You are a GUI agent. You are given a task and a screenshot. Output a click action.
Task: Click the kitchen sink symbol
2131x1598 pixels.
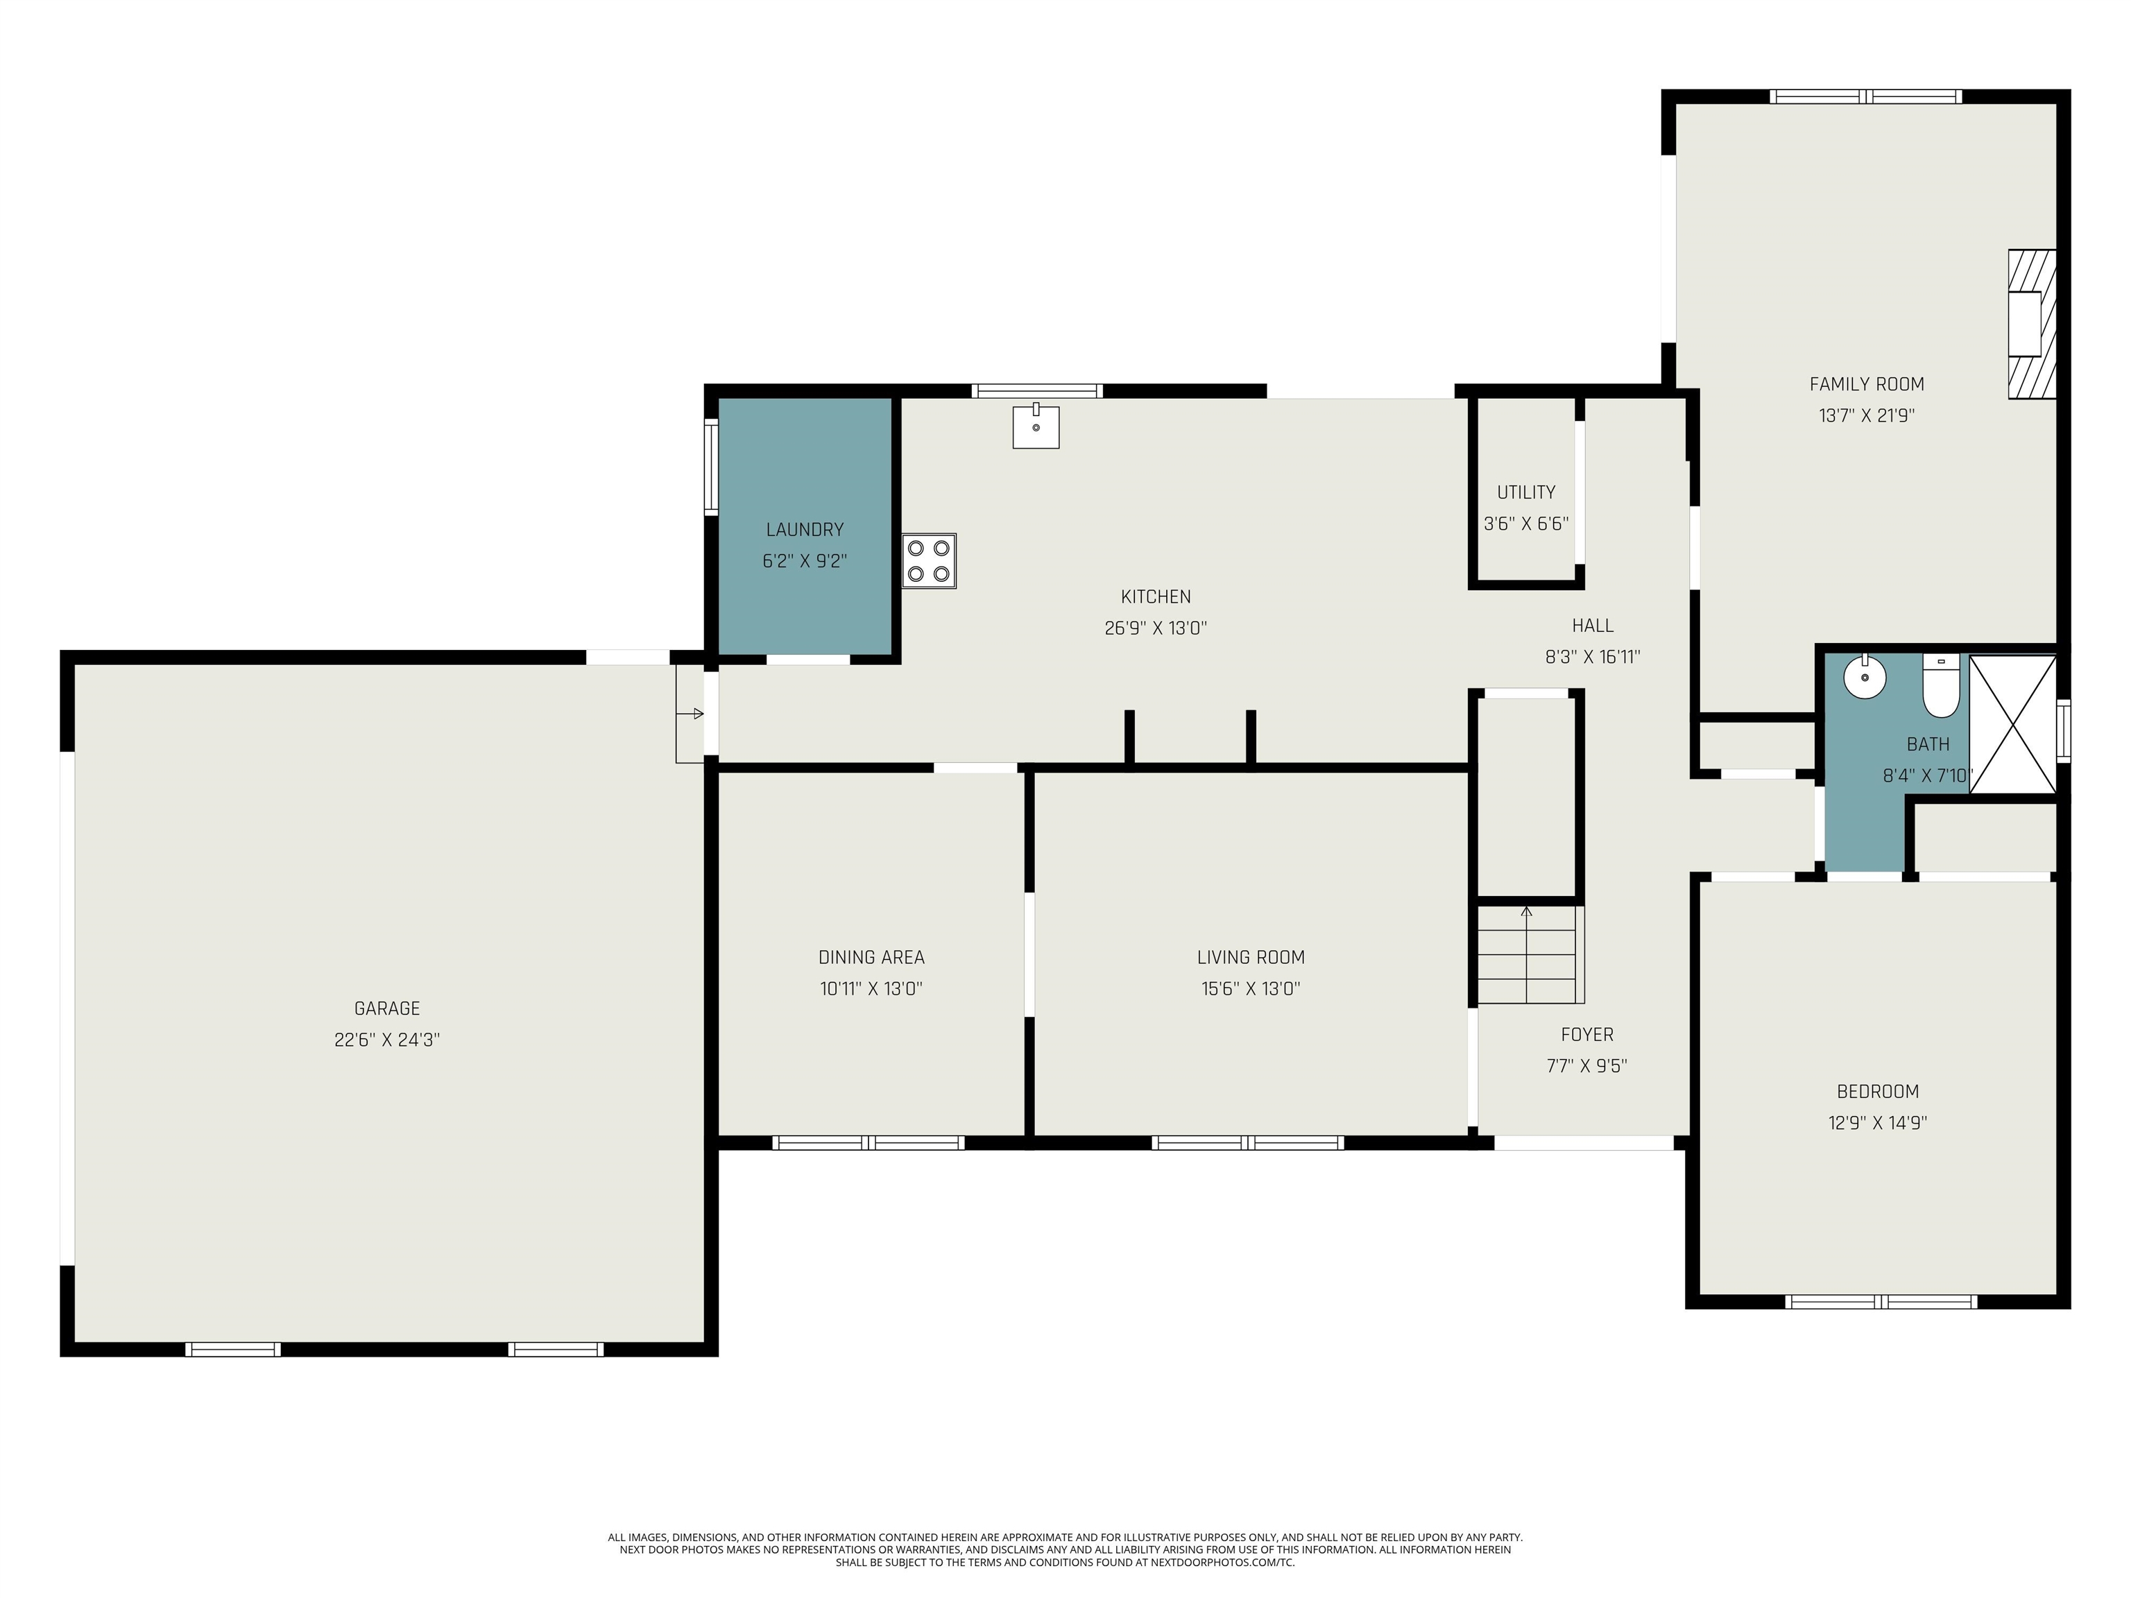coord(1036,427)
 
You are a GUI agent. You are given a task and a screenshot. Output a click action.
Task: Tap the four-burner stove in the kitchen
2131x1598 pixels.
coord(929,560)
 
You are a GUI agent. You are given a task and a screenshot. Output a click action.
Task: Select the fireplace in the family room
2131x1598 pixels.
coord(2031,324)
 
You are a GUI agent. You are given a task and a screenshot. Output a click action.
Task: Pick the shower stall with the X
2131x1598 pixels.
coord(2012,724)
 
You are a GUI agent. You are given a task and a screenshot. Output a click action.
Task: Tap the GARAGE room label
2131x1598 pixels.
coord(386,1008)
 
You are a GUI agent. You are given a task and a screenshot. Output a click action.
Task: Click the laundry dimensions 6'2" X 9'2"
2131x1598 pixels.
coord(805,560)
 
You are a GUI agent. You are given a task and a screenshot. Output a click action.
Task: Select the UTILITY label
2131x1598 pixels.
coord(1526,492)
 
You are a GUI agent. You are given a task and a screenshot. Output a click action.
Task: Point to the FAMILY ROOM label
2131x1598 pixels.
coord(1866,384)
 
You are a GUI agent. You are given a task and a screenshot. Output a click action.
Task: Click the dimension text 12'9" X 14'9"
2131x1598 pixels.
coord(1876,1122)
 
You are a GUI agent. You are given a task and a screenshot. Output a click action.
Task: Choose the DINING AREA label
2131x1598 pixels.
coord(871,957)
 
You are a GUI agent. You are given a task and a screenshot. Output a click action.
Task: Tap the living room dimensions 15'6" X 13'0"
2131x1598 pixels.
coord(1251,988)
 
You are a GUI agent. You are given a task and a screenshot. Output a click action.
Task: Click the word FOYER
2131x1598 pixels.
coord(1586,1035)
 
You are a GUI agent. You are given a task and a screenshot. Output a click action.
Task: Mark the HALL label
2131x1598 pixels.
coord(1593,626)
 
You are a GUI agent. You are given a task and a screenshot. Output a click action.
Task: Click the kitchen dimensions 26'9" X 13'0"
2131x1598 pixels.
coord(1155,628)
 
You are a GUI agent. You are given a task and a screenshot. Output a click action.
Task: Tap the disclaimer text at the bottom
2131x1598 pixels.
coord(1065,1550)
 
